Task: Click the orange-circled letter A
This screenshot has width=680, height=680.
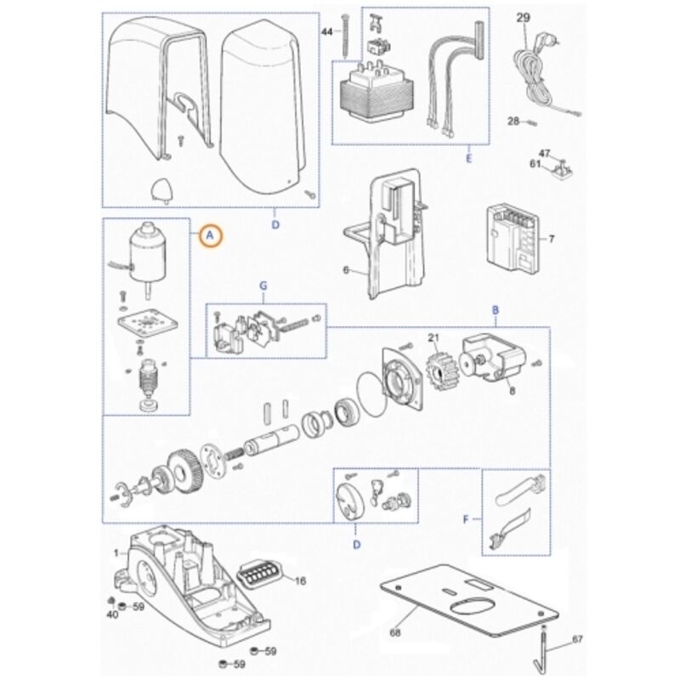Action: click(210, 235)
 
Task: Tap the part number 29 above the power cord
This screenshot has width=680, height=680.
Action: click(523, 18)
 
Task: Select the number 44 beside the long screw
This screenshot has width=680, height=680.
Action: click(326, 32)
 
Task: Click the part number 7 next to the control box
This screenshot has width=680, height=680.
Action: click(551, 239)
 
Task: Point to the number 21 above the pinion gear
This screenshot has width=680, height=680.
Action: click(433, 337)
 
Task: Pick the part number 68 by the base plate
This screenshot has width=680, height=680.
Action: click(395, 632)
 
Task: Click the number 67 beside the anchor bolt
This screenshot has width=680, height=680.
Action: click(577, 640)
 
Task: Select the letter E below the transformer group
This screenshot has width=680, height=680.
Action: click(469, 159)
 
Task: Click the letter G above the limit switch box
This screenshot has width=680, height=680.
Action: click(263, 286)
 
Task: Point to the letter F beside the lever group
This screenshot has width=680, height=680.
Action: click(466, 519)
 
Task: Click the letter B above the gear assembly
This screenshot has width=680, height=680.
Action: click(496, 310)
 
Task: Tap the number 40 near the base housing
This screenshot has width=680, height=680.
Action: click(112, 615)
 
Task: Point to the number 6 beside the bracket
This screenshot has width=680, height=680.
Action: click(346, 270)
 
